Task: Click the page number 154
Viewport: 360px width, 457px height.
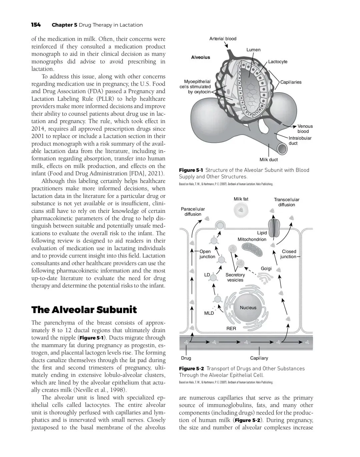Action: click(36, 25)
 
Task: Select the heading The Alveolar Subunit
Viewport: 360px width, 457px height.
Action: click(84, 310)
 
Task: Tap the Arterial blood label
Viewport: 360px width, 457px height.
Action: click(223, 39)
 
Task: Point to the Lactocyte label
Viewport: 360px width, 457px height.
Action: click(278, 62)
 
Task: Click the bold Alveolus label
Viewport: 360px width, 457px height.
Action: click(201, 57)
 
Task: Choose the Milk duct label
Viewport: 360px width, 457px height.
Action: click(269, 160)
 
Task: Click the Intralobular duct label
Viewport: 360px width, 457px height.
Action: click(300, 141)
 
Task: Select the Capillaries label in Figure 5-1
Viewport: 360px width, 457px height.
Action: click(291, 82)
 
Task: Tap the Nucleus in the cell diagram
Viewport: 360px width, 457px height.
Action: click(248, 307)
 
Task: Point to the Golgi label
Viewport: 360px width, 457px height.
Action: click(266, 268)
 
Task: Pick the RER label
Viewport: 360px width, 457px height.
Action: click(231, 328)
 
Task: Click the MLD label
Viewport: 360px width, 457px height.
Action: click(209, 313)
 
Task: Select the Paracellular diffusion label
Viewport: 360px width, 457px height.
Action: click(193, 212)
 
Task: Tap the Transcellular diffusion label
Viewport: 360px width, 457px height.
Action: click(287, 202)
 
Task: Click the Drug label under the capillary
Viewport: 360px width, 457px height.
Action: click(186, 358)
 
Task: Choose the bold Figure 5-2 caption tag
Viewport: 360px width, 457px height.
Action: click(191, 368)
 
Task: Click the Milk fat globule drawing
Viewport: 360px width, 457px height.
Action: click(241, 210)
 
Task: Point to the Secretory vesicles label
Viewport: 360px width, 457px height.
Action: click(235, 277)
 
